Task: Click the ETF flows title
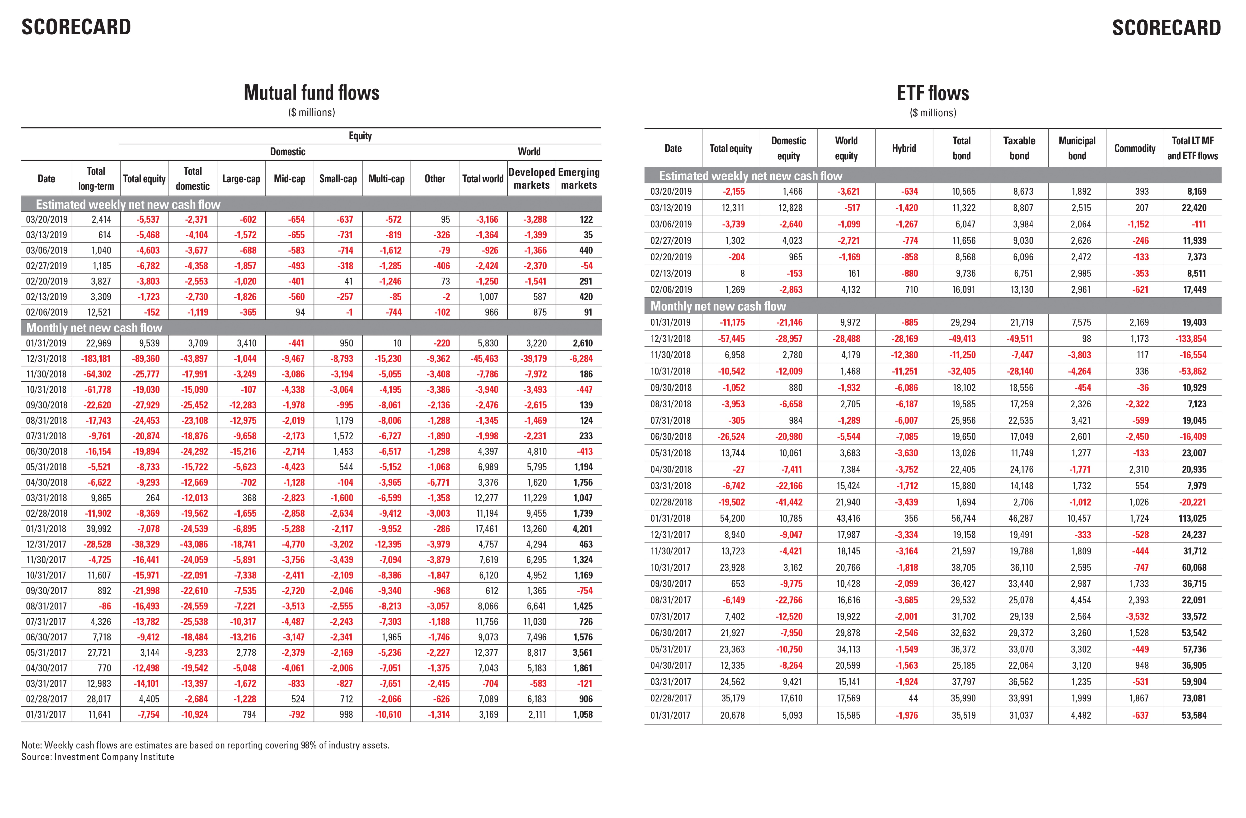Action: pos(933,93)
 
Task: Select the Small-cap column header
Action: pos(338,178)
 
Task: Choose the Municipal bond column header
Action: pos(1077,148)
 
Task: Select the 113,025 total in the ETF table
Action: pos(1194,518)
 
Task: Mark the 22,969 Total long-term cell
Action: pos(98,343)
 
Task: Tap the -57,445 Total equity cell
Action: pos(732,338)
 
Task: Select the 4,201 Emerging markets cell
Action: pos(582,529)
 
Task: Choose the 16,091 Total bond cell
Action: pos(963,289)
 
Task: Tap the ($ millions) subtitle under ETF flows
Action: pos(933,112)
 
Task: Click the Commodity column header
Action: pos(1134,148)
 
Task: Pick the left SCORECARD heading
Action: pos(76,27)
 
